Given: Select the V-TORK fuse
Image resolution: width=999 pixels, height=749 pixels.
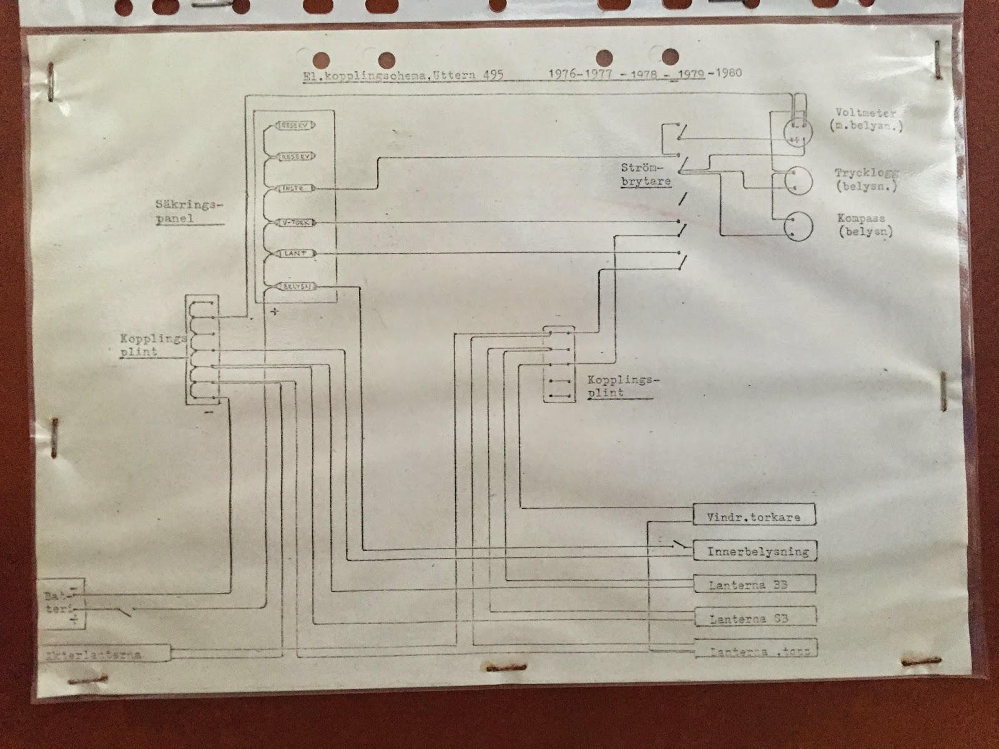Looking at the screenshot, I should point(292,222).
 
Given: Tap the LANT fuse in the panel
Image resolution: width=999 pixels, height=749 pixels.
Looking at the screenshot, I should point(292,254).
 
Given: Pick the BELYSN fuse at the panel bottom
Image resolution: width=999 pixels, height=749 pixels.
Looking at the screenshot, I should point(292,286).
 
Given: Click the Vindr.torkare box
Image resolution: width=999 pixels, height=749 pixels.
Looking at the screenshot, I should point(753,516).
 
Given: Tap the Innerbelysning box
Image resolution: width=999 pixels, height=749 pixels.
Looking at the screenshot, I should point(753,551).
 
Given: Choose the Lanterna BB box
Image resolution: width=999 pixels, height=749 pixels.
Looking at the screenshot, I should point(753,584).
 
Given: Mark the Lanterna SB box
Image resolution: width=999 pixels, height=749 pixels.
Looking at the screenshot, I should point(753,618).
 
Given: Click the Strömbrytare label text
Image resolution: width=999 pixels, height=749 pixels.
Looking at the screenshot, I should point(645,175).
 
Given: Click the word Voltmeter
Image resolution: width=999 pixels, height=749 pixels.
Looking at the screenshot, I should point(865,113).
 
